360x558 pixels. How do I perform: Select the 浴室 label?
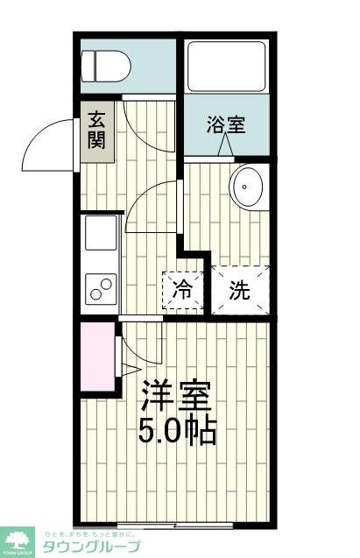pos(226,124)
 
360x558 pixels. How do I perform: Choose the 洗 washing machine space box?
pos(239,291)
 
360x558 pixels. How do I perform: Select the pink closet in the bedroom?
pos(96,358)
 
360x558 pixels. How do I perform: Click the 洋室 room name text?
pos(177,396)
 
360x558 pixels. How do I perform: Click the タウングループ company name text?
pos(96,547)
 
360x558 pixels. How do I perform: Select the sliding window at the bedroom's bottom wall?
pos(175,525)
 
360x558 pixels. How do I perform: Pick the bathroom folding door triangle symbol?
pos(226,149)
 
